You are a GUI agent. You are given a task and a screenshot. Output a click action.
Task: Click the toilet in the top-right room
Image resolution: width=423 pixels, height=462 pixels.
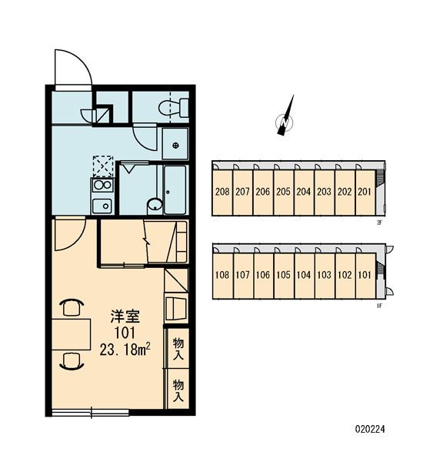[x=174, y=108]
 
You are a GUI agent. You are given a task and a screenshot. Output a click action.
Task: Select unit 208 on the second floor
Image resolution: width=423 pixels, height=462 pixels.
[x=222, y=192]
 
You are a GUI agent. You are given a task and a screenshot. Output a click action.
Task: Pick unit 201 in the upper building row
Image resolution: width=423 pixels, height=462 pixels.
[x=365, y=192]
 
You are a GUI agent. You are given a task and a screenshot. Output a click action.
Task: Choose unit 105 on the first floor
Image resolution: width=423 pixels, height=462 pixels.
[x=284, y=276]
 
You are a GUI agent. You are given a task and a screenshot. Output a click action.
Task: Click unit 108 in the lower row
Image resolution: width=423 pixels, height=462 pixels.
[x=222, y=276]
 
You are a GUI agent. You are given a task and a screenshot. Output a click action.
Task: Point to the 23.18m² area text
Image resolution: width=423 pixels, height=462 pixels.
[x=125, y=350]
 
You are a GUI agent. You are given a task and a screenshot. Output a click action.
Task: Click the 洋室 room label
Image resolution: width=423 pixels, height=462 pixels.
[x=125, y=316]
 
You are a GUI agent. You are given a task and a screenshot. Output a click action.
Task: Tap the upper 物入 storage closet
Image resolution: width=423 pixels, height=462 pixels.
[x=178, y=348]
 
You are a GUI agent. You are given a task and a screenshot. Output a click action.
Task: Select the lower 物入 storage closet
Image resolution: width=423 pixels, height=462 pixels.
[x=178, y=390]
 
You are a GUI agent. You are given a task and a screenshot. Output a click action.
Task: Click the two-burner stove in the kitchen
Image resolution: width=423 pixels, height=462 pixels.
[x=102, y=185]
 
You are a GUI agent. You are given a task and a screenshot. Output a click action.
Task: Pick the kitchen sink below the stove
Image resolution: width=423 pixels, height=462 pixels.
[x=102, y=206]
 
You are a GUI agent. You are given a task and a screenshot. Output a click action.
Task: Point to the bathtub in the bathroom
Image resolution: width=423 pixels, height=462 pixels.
[x=175, y=190]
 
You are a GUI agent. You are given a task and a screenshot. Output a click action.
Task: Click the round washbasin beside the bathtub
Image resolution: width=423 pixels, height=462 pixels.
[x=155, y=205]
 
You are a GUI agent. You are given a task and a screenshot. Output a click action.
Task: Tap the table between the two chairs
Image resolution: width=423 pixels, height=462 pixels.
[x=72, y=334]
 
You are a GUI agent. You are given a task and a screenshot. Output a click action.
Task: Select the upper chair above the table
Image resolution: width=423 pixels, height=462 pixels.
[x=72, y=307]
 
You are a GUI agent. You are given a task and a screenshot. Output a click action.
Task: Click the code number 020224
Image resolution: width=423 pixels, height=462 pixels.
[x=370, y=429]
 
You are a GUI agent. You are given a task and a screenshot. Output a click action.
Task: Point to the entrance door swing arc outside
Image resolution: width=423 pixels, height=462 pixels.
[x=80, y=59]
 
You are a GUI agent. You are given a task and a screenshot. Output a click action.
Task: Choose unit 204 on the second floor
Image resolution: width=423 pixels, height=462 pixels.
[x=304, y=192]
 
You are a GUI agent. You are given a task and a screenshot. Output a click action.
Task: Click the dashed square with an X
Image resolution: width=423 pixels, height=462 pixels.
[x=103, y=166]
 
